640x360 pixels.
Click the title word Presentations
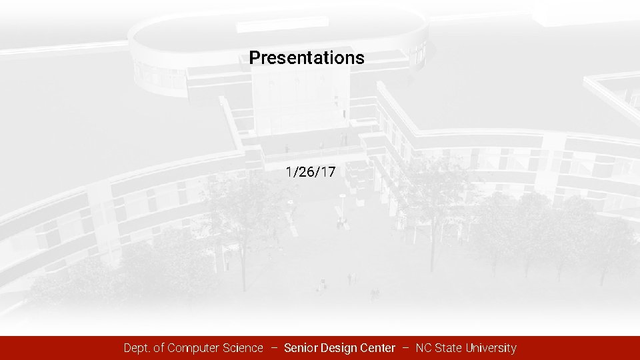[x=307, y=58]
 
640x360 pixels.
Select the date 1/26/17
[x=311, y=173]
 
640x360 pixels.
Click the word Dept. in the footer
[x=138, y=348]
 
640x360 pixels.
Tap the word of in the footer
[x=160, y=348]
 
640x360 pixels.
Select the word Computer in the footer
[x=193, y=348]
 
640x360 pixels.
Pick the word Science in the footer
[x=242, y=348]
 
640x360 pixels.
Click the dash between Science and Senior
[x=274, y=348]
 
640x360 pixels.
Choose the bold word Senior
[x=301, y=348]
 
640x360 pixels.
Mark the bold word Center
[x=377, y=348]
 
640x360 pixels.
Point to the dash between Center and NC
[x=405, y=348]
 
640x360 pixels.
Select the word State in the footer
[x=449, y=348]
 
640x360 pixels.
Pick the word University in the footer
[x=491, y=348]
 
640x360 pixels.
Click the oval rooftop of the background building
[x=277, y=30]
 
